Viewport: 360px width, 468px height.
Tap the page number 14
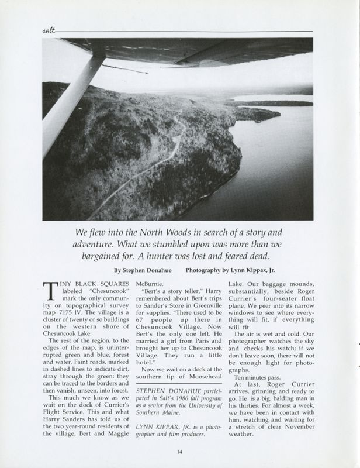pyautogui.click(x=180, y=451)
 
